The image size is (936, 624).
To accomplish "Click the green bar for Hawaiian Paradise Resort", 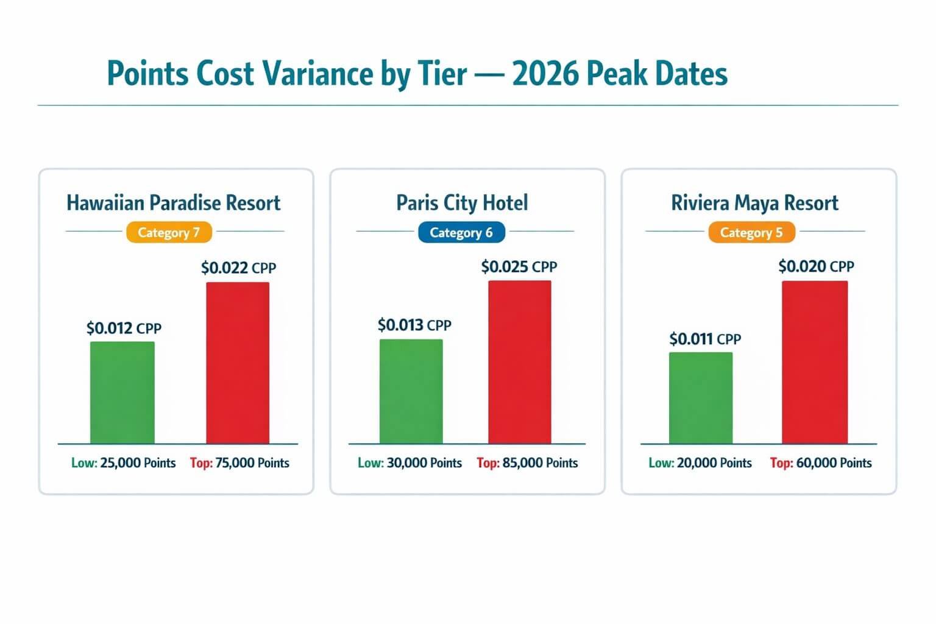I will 122,392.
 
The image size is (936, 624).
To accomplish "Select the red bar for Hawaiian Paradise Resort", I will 238,363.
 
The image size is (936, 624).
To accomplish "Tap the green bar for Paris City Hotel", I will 411,391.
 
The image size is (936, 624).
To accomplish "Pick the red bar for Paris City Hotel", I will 520,362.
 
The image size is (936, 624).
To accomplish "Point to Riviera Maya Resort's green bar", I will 701,397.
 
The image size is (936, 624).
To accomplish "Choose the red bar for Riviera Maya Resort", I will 815,362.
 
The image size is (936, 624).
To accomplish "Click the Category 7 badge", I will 169,232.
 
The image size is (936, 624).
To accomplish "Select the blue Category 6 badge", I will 461,232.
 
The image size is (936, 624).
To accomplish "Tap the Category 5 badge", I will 751,232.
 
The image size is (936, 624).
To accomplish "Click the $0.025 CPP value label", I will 519,266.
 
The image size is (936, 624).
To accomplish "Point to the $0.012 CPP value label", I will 124,328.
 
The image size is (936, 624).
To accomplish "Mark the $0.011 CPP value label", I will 705,339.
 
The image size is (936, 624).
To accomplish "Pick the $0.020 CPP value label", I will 816,266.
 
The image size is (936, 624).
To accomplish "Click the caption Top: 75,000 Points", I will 239,463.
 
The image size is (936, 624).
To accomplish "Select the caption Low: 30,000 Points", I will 409,463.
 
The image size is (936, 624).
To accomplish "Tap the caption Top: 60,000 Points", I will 821,463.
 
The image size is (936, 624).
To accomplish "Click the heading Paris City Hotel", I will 462,202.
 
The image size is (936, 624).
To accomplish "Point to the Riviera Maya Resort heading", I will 754,202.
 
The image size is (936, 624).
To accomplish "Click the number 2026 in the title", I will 545,74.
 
